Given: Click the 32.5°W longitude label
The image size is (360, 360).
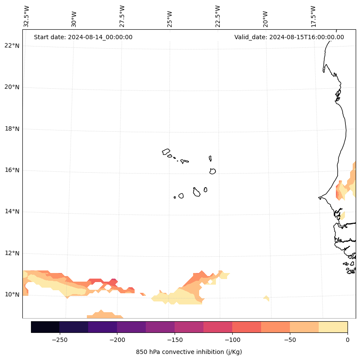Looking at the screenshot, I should tap(27, 16).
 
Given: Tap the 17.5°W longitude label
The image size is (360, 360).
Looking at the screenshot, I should tap(314, 16).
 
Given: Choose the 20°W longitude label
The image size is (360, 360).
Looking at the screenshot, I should tap(265, 19).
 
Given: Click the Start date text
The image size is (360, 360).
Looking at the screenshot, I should tap(83, 37).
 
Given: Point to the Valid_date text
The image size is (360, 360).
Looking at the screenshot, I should tap(289, 37).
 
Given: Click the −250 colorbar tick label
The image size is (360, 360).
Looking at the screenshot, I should tap(59, 340).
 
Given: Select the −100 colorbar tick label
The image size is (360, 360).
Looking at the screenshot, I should tap(232, 340).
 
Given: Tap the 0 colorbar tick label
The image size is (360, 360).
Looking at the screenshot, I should tap(348, 340).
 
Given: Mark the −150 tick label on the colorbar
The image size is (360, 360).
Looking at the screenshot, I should tap(175, 340).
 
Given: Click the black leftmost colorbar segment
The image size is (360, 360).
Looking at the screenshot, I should tap(45, 327).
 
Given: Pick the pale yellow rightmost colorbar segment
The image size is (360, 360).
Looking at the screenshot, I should tap(333, 327).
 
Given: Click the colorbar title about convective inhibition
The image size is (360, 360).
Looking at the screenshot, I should tap(189, 352).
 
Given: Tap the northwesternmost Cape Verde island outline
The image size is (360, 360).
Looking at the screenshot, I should tap(166, 152).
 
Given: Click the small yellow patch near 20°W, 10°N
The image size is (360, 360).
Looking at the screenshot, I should tap(267, 298).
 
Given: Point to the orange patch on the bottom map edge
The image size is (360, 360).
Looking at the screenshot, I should tap(103, 315).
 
